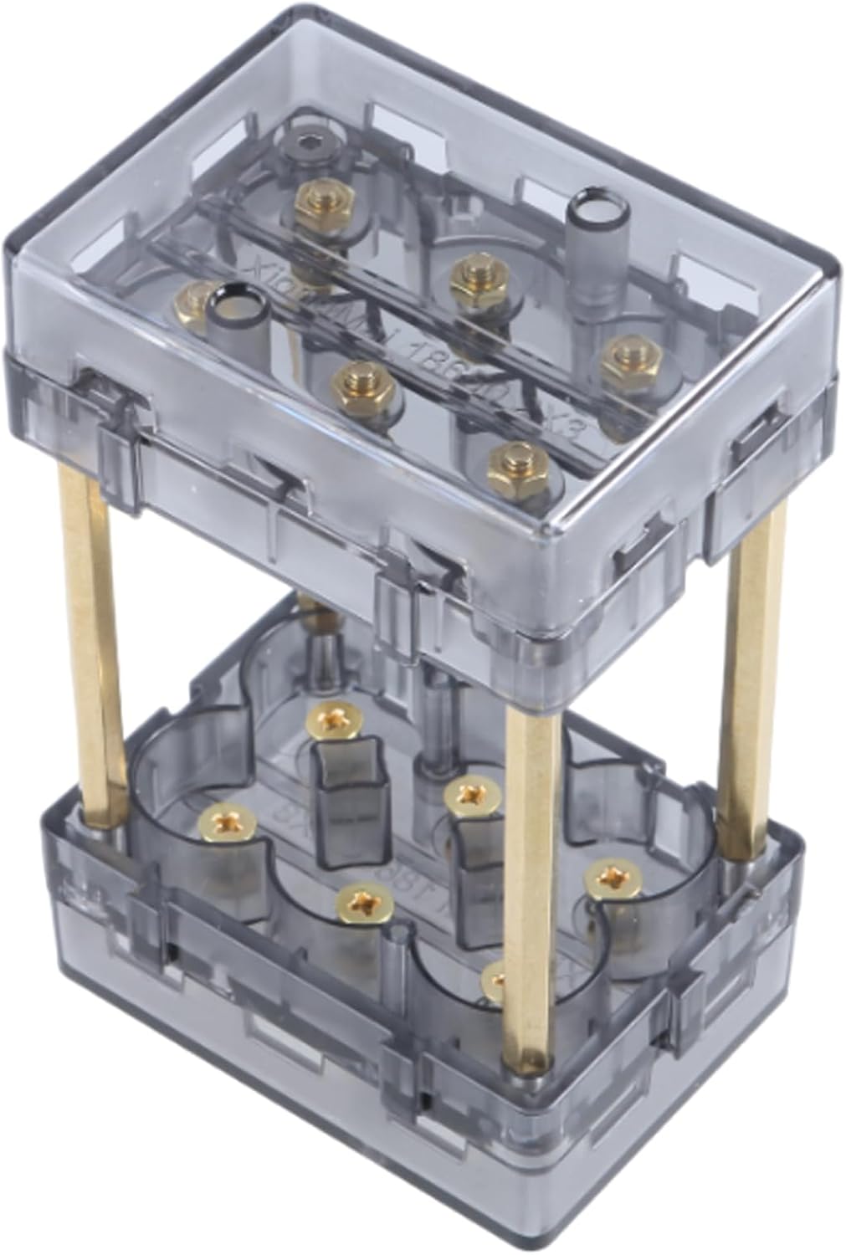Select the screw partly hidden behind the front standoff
pos(496,979)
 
